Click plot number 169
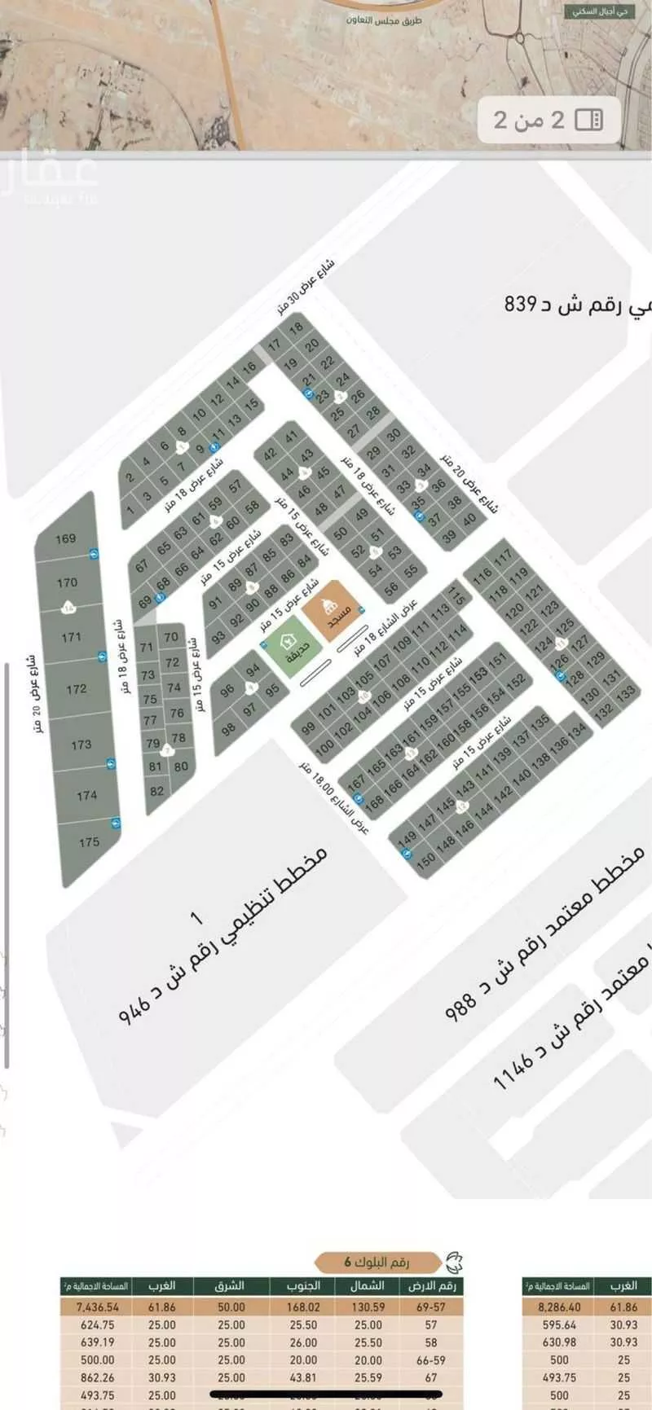[x=66, y=538]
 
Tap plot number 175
[x=90, y=842]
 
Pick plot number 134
[x=578, y=731]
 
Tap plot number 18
[x=296, y=327]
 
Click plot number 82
[x=157, y=790]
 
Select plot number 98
[x=228, y=728]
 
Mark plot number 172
[x=77, y=689]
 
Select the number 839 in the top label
[x=523, y=304]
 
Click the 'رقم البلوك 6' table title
[x=377, y=1262]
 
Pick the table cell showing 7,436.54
[x=97, y=1307]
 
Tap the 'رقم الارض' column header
[x=434, y=1286]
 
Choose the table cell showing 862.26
[x=97, y=1377]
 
